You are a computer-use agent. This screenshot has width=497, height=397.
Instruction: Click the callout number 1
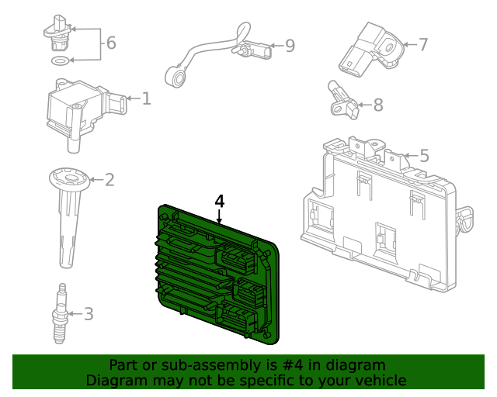coord(146,98)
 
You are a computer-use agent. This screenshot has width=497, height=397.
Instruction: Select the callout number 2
coord(109,180)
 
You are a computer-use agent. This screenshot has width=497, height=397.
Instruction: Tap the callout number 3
coord(89,314)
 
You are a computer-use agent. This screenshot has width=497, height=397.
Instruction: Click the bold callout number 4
coord(220,201)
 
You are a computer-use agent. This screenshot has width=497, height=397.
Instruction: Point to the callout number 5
coord(424,156)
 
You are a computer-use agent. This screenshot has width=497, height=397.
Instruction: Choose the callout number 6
coord(111,43)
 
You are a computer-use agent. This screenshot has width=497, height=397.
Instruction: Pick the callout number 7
coord(423,44)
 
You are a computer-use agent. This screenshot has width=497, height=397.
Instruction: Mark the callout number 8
coord(378,105)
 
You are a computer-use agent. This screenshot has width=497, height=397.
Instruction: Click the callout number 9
coord(290,47)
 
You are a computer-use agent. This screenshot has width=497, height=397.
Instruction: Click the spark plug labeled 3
coord(58,312)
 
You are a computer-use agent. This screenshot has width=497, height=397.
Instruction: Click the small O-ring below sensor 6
coord(58,60)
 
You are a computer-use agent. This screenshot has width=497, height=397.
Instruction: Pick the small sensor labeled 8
coord(344,101)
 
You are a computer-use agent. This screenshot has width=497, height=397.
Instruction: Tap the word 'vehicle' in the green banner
coord(379,380)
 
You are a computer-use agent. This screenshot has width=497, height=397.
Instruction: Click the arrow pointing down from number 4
coord(220,217)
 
